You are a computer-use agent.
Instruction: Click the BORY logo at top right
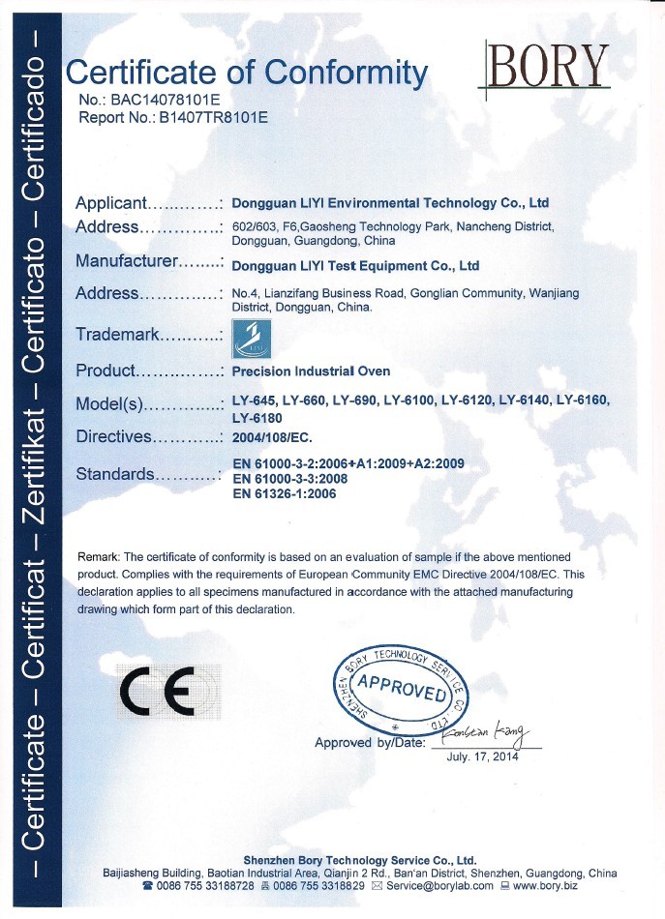point(547,65)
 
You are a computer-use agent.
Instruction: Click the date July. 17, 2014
point(483,756)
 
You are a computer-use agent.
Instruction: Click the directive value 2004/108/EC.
point(273,436)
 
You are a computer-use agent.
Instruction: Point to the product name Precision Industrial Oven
point(311,371)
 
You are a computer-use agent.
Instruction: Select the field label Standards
point(114,474)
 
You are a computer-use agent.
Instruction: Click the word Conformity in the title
point(347,73)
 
